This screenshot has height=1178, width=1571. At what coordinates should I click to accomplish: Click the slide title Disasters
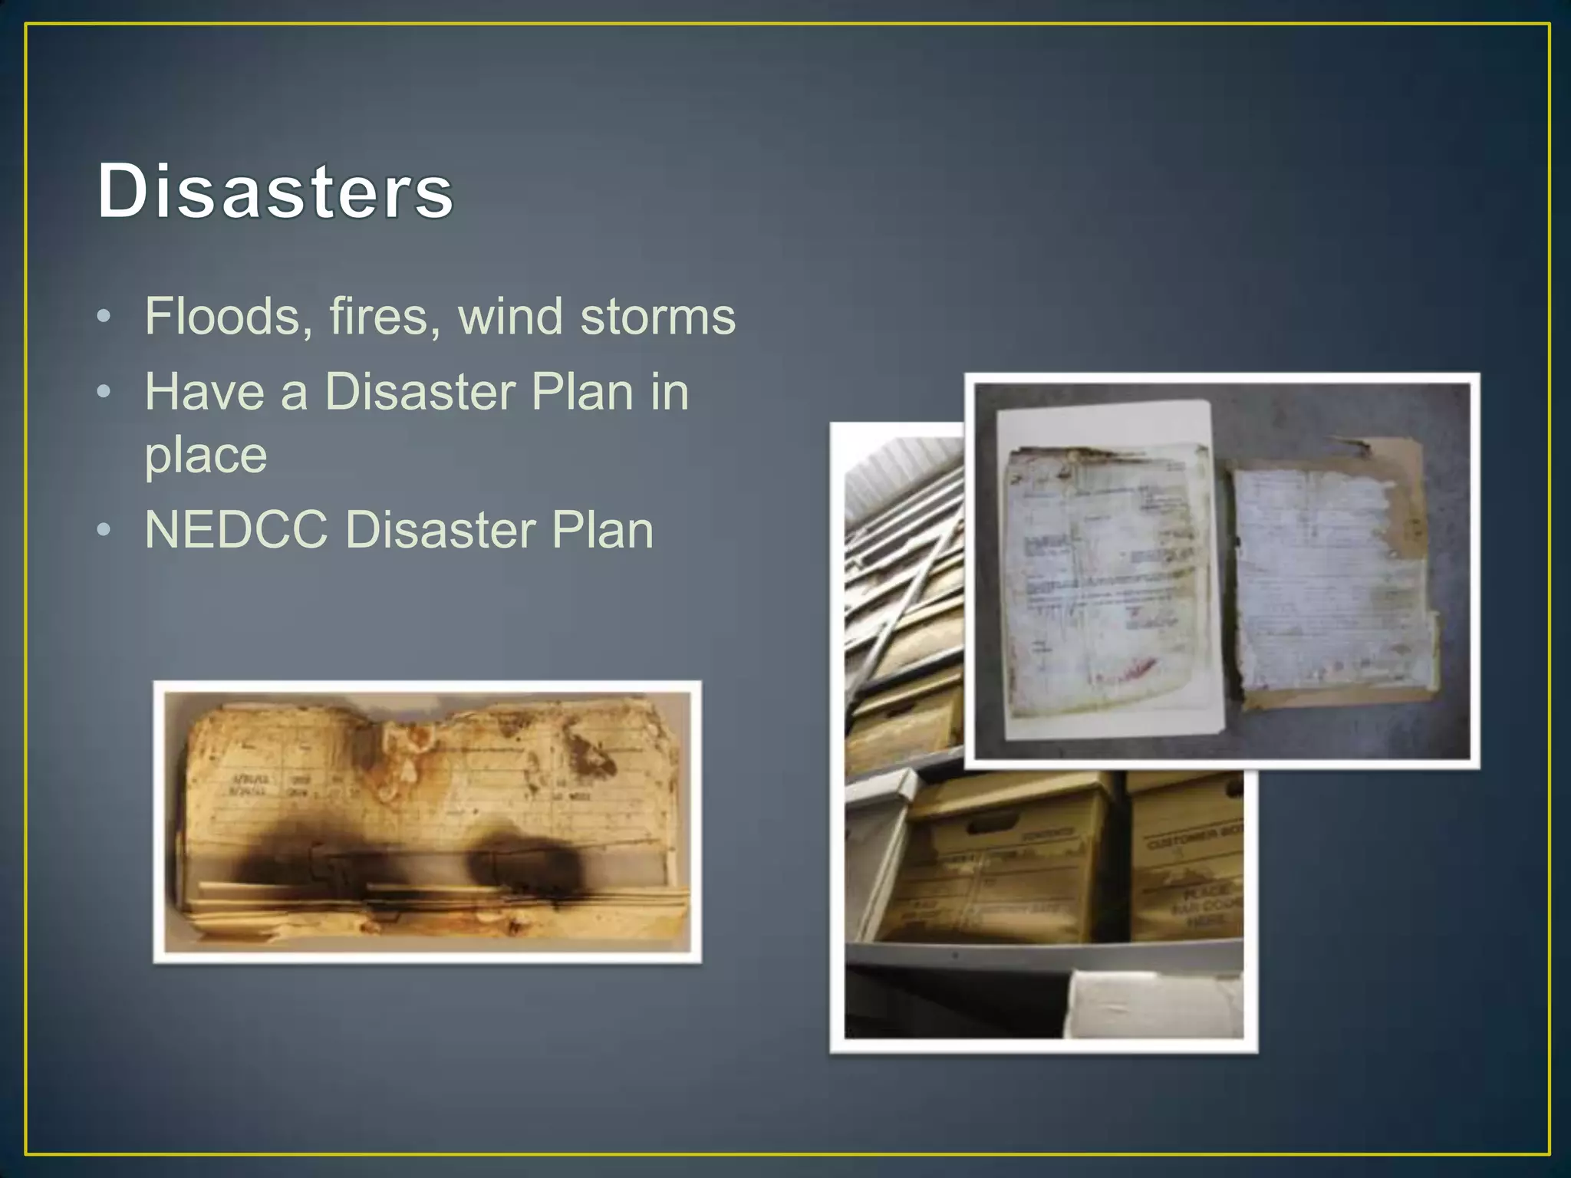coord(275,191)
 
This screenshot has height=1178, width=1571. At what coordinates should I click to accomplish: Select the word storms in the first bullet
coord(657,316)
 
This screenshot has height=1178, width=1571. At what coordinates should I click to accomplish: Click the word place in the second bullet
coord(206,456)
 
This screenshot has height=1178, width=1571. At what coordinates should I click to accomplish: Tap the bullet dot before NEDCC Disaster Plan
coord(104,530)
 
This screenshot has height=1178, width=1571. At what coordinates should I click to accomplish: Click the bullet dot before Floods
coord(104,316)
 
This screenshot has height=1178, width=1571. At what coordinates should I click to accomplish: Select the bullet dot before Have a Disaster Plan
coord(104,392)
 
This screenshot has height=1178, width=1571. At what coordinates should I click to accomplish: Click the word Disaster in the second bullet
coord(419,392)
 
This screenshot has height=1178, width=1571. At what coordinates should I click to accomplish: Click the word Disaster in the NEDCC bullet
coord(440,530)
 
